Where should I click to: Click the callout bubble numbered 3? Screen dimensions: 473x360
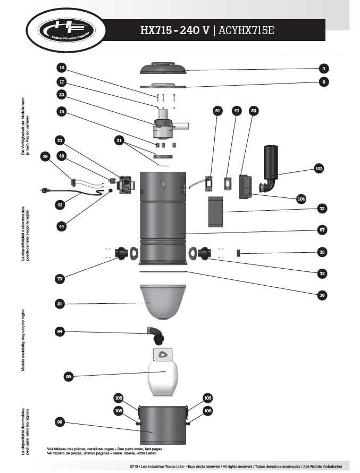(x=323, y=68)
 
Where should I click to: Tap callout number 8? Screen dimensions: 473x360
(x=323, y=82)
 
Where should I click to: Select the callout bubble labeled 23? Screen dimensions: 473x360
(x=62, y=95)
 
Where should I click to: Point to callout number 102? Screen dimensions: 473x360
(x=319, y=168)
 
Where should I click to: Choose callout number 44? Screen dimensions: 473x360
(x=62, y=226)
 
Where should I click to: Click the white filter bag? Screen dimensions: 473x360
(x=164, y=376)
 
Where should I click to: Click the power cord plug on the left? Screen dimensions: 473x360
(x=44, y=190)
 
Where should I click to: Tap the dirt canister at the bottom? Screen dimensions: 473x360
(x=163, y=425)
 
